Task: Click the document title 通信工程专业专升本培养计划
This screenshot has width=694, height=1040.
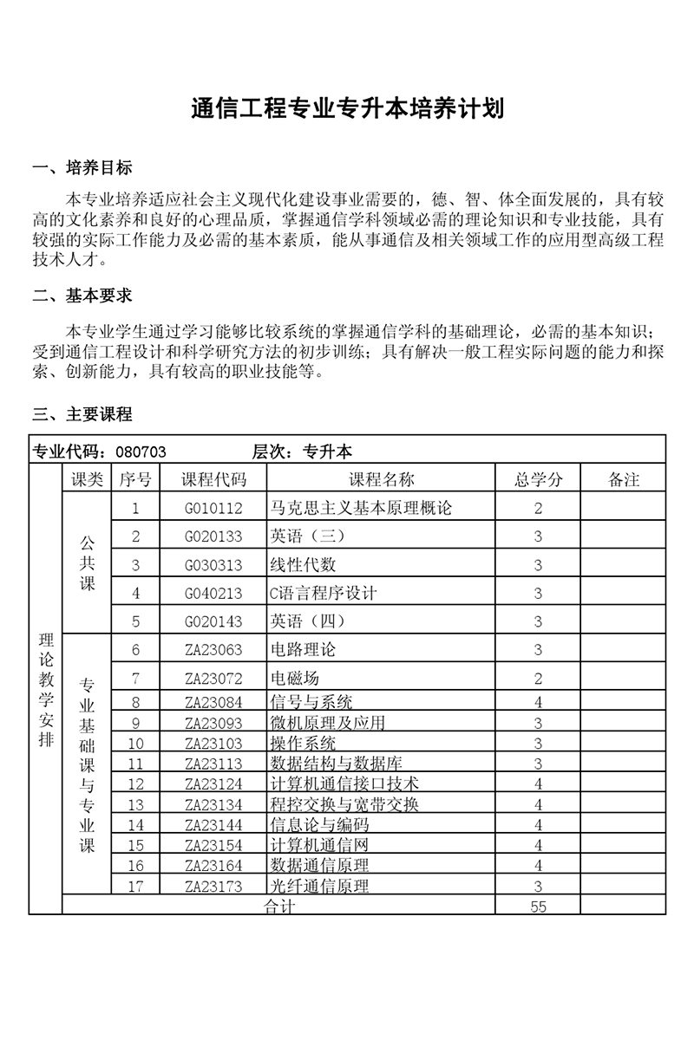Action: pos(347,110)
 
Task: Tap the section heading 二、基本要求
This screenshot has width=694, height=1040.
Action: pos(82,296)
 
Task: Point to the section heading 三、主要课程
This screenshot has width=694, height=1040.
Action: pos(82,414)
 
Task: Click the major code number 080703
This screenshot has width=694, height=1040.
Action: pos(141,452)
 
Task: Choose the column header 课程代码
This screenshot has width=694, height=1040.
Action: pos(213,479)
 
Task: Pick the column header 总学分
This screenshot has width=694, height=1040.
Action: pos(538,479)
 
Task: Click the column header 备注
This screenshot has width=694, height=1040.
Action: pos(624,479)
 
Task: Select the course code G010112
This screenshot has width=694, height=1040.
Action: pos(213,508)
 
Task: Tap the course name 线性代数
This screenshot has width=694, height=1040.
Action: pos(303,565)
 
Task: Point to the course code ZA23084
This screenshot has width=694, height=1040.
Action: pos(213,702)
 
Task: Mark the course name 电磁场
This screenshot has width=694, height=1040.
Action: pos(295,678)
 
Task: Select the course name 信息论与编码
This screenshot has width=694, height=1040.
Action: pos(320,824)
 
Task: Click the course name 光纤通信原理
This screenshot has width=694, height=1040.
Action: pos(320,886)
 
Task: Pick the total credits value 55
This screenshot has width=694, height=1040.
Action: pos(538,907)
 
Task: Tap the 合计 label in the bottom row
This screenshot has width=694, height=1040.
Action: pos(278,907)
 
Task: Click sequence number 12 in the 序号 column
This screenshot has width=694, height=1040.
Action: pos(135,783)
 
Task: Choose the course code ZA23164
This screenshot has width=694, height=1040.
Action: pos(213,865)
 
